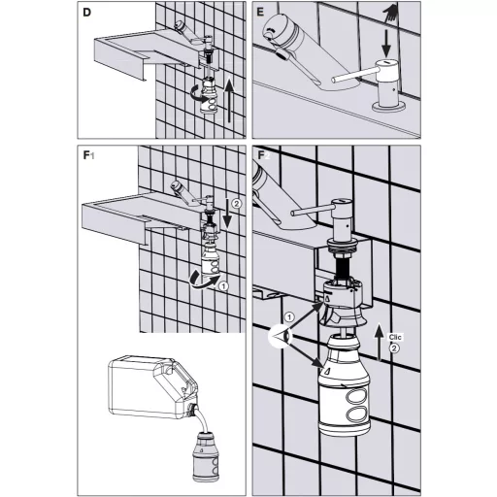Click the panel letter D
87,13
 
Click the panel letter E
260,13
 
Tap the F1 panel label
88,155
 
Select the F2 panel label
263,155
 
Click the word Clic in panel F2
395,337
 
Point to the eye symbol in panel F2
281,337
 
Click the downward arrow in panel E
385,43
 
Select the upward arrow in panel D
229,99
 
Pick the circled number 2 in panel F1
237,204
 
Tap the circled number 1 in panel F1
223,286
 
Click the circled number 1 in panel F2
289,317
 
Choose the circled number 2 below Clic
394,348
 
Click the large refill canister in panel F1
152,385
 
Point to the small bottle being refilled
206,456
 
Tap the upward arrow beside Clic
380,342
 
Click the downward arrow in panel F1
227,214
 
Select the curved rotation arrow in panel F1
203,280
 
